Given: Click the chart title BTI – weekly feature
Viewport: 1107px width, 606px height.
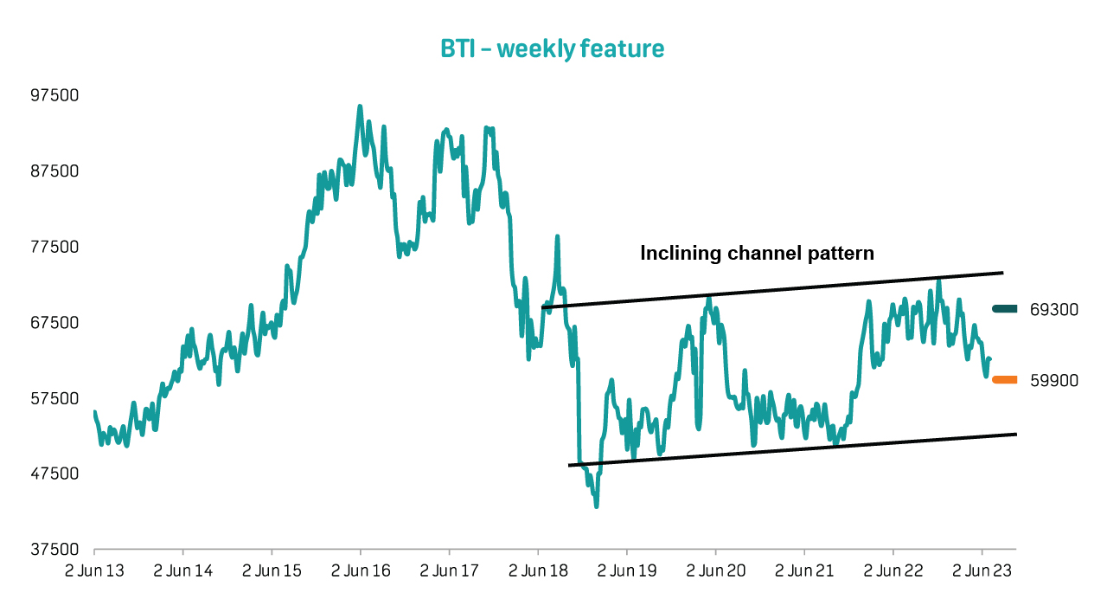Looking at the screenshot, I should click(x=553, y=49).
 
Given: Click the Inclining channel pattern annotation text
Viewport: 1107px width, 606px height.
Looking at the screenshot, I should click(x=757, y=254).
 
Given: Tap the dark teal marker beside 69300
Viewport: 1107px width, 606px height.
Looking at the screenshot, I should click(x=1005, y=308).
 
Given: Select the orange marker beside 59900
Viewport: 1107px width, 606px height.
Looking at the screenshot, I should click(x=1005, y=379).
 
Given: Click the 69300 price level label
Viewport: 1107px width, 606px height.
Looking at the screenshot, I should click(x=1054, y=309).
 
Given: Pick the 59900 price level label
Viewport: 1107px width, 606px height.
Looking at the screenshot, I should click(x=1054, y=380).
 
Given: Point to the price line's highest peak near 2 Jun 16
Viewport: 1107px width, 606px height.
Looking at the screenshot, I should click(x=359, y=107).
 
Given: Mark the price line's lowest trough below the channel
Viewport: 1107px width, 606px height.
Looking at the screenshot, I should click(x=597, y=505).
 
